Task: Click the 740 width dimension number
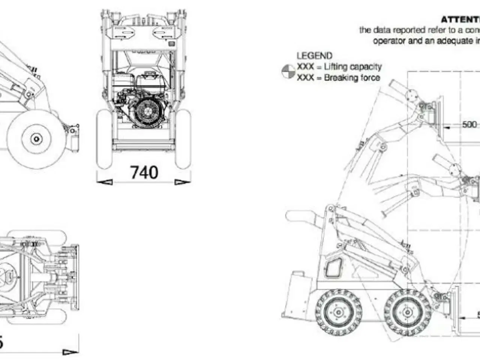(x=144, y=172)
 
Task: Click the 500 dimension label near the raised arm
(x=469, y=124)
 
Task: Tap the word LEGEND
(x=314, y=56)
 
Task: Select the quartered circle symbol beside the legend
(x=288, y=72)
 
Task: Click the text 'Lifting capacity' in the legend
(x=352, y=67)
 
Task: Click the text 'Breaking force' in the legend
(x=352, y=78)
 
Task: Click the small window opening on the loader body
(x=333, y=268)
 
